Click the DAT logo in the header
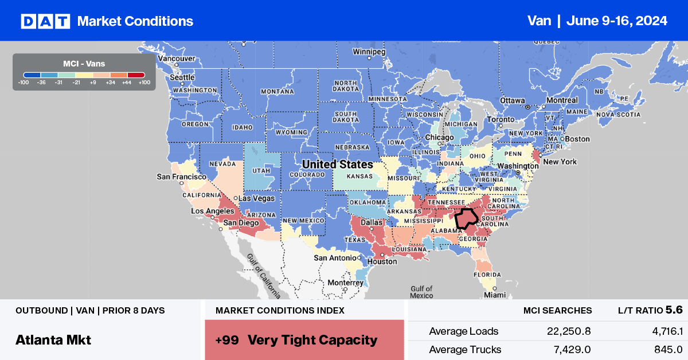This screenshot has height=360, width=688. click(45, 21)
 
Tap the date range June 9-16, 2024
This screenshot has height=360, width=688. click(616, 21)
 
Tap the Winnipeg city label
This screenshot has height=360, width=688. click(369, 50)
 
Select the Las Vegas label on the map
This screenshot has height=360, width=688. click(256, 199)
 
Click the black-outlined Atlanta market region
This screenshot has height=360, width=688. click(466, 220)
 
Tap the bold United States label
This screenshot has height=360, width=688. click(337, 165)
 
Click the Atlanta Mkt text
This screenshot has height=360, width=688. click(53, 339)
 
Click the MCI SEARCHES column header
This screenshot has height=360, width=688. click(557, 310)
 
